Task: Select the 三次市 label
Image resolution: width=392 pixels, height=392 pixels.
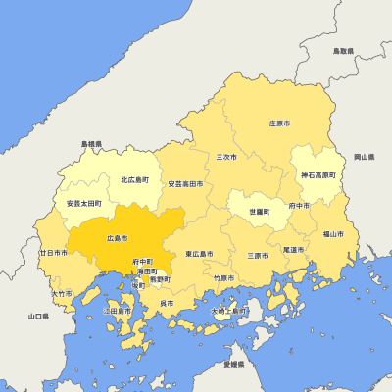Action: point(226,156)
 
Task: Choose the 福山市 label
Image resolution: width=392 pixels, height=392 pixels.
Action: point(333,234)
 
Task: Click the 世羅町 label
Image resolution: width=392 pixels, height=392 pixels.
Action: point(259,212)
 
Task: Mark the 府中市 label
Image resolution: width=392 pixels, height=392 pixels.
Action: point(299,206)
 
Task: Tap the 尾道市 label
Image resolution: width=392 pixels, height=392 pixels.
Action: point(293,250)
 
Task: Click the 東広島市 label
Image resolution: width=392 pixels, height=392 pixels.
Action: point(201,255)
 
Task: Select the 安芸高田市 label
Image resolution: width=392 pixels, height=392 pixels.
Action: point(185,183)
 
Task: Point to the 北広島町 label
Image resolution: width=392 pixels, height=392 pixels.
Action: point(134,180)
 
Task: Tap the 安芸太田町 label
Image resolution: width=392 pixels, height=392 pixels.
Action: point(83,203)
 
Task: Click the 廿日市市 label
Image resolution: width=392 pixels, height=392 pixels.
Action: point(53,253)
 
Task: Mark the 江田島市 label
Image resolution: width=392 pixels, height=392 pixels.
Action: point(117,311)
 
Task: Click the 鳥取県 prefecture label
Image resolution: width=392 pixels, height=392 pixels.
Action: point(343,50)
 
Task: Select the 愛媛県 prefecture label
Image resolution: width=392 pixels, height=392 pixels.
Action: point(233,364)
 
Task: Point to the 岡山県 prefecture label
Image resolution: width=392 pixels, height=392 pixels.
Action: point(364,157)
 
